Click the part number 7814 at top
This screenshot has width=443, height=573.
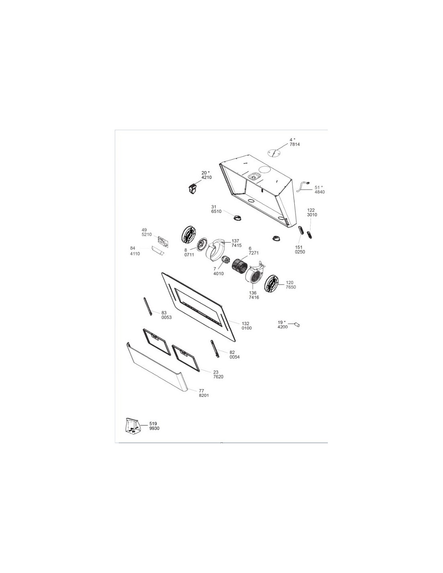295,145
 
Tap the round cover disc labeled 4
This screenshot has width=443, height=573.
275,153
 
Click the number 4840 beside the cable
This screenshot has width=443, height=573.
320,192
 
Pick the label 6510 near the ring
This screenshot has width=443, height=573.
216,212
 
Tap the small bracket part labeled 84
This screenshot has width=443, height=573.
157,250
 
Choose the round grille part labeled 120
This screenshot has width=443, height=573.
271,284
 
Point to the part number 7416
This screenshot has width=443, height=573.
254,297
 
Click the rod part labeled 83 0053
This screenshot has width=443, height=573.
147,306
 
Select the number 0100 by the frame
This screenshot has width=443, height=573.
246,328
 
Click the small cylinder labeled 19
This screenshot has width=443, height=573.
297,325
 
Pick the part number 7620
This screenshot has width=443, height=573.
218,377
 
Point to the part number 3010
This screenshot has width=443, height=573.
312,215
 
